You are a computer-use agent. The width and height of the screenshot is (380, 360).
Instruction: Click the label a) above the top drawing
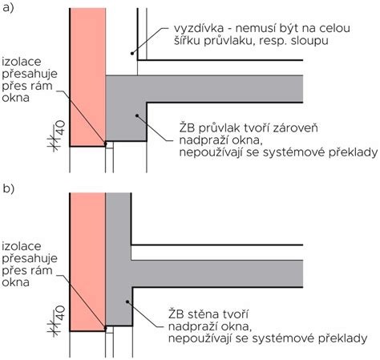[9, 10]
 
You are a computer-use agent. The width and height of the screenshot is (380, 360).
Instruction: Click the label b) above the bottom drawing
[9, 189]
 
